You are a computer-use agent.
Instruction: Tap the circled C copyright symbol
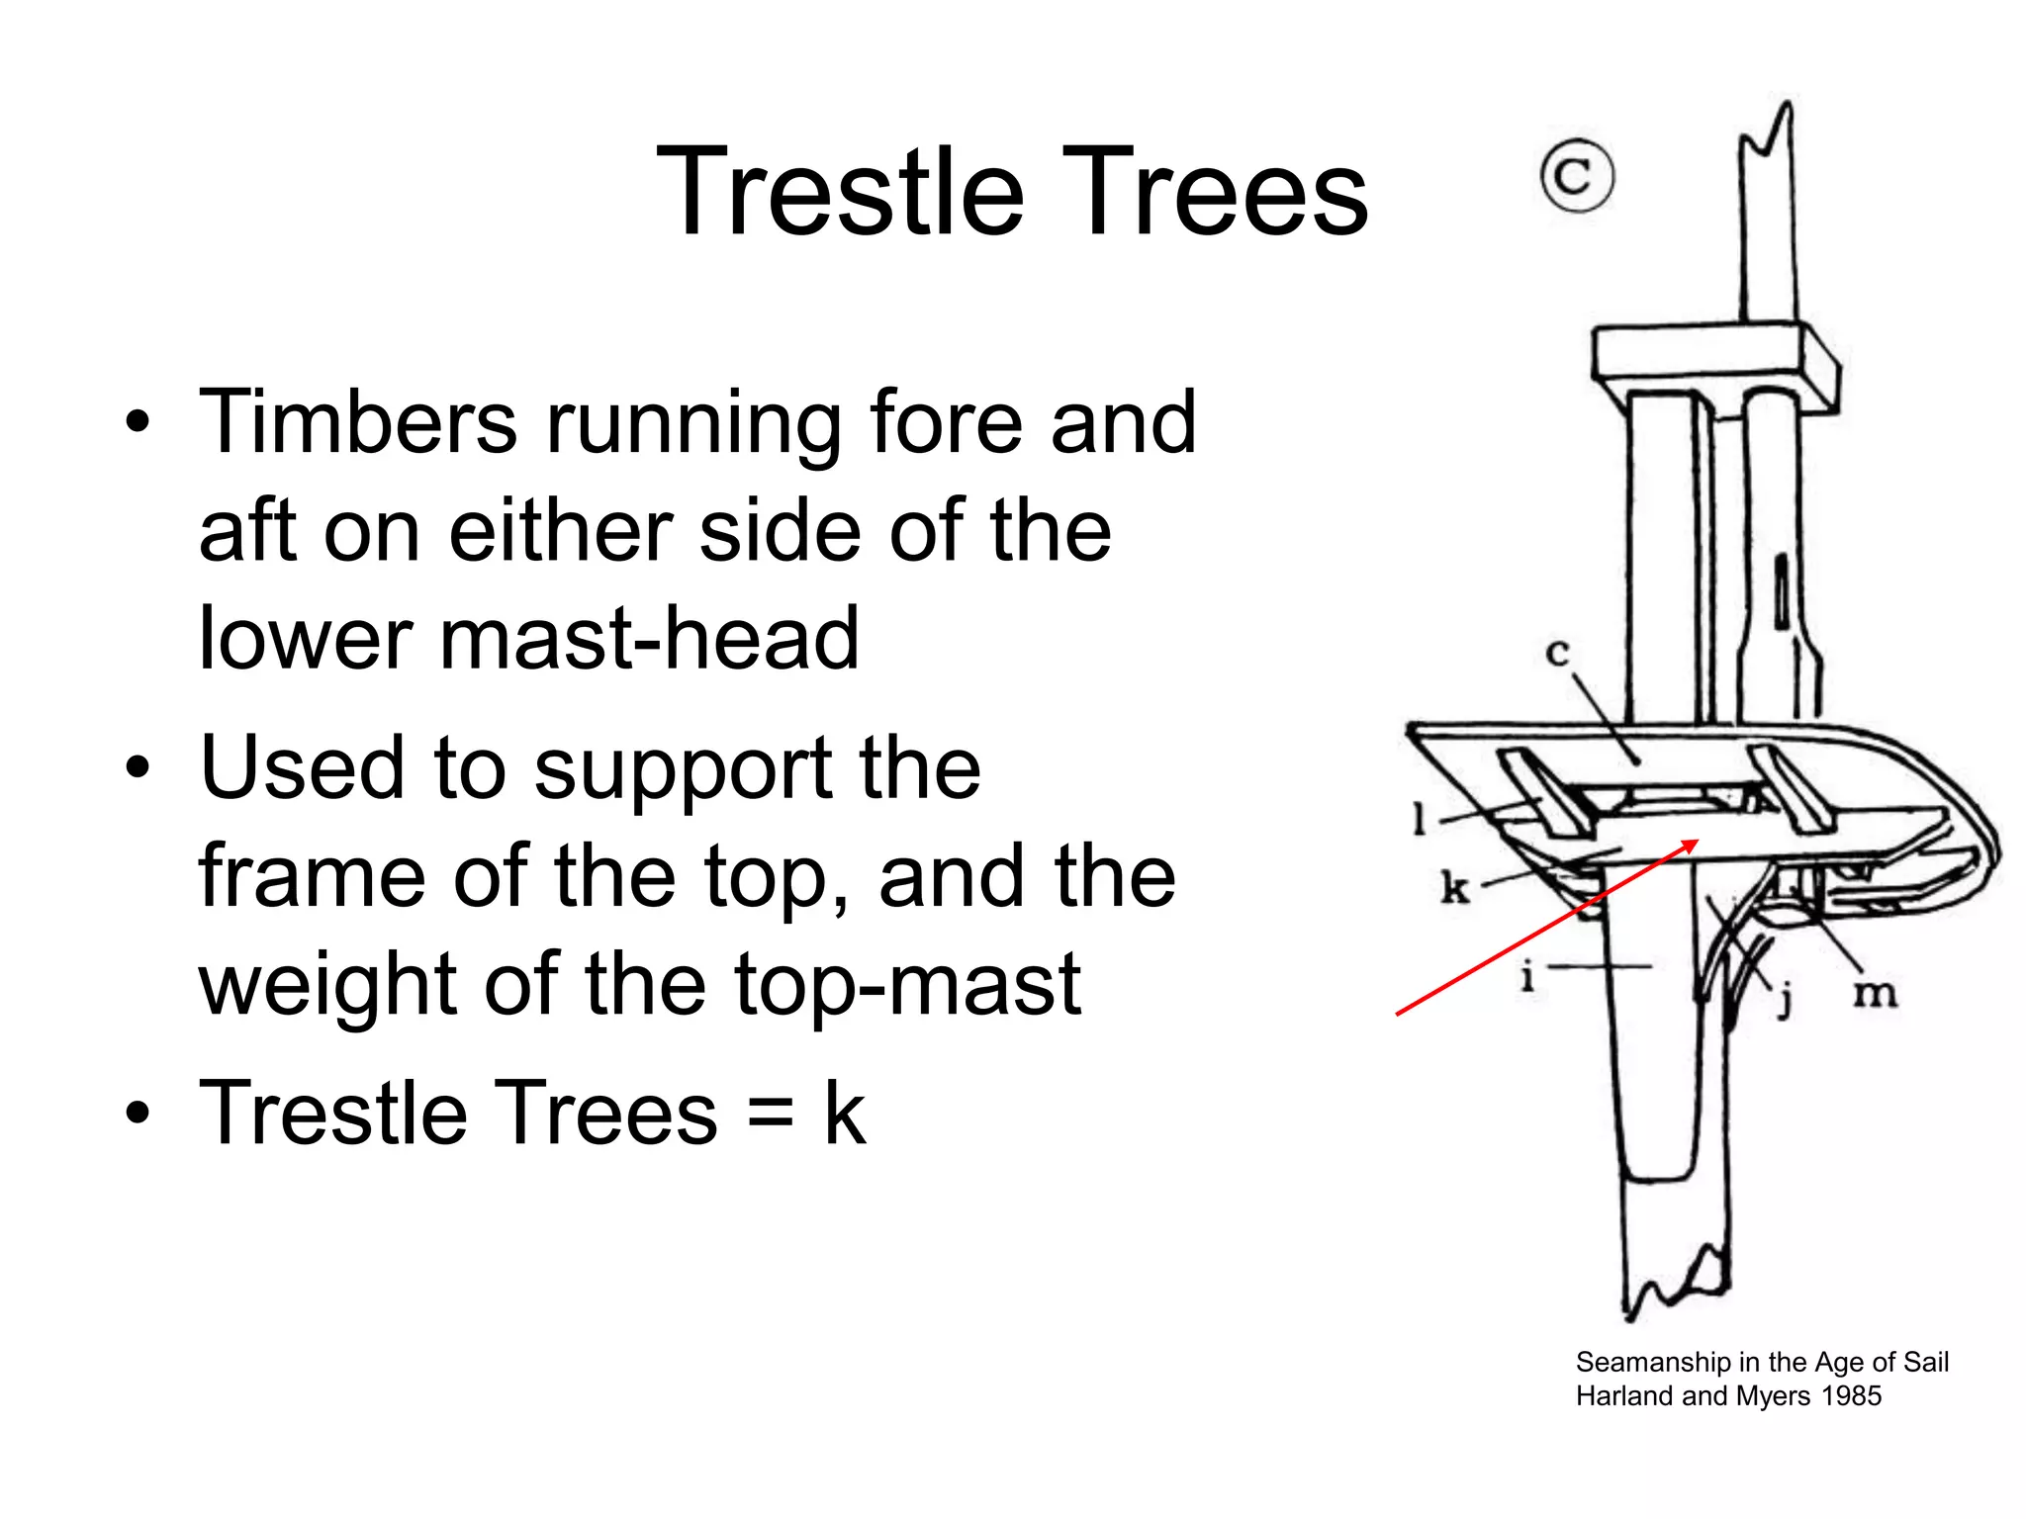pyautogui.click(x=1577, y=176)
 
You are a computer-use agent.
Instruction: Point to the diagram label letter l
pyautogui.click(x=1421, y=818)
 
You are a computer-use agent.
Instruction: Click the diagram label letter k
pyautogui.click(x=1454, y=887)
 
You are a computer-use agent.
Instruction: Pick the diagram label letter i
pyautogui.click(x=1527, y=976)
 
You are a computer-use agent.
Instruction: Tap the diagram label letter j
pyautogui.click(x=1785, y=1000)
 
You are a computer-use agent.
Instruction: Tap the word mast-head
pyautogui.click(x=649, y=639)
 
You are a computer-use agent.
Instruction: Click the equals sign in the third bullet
pyautogui.click(x=771, y=1115)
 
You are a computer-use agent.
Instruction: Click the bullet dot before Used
pyautogui.click(x=139, y=768)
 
